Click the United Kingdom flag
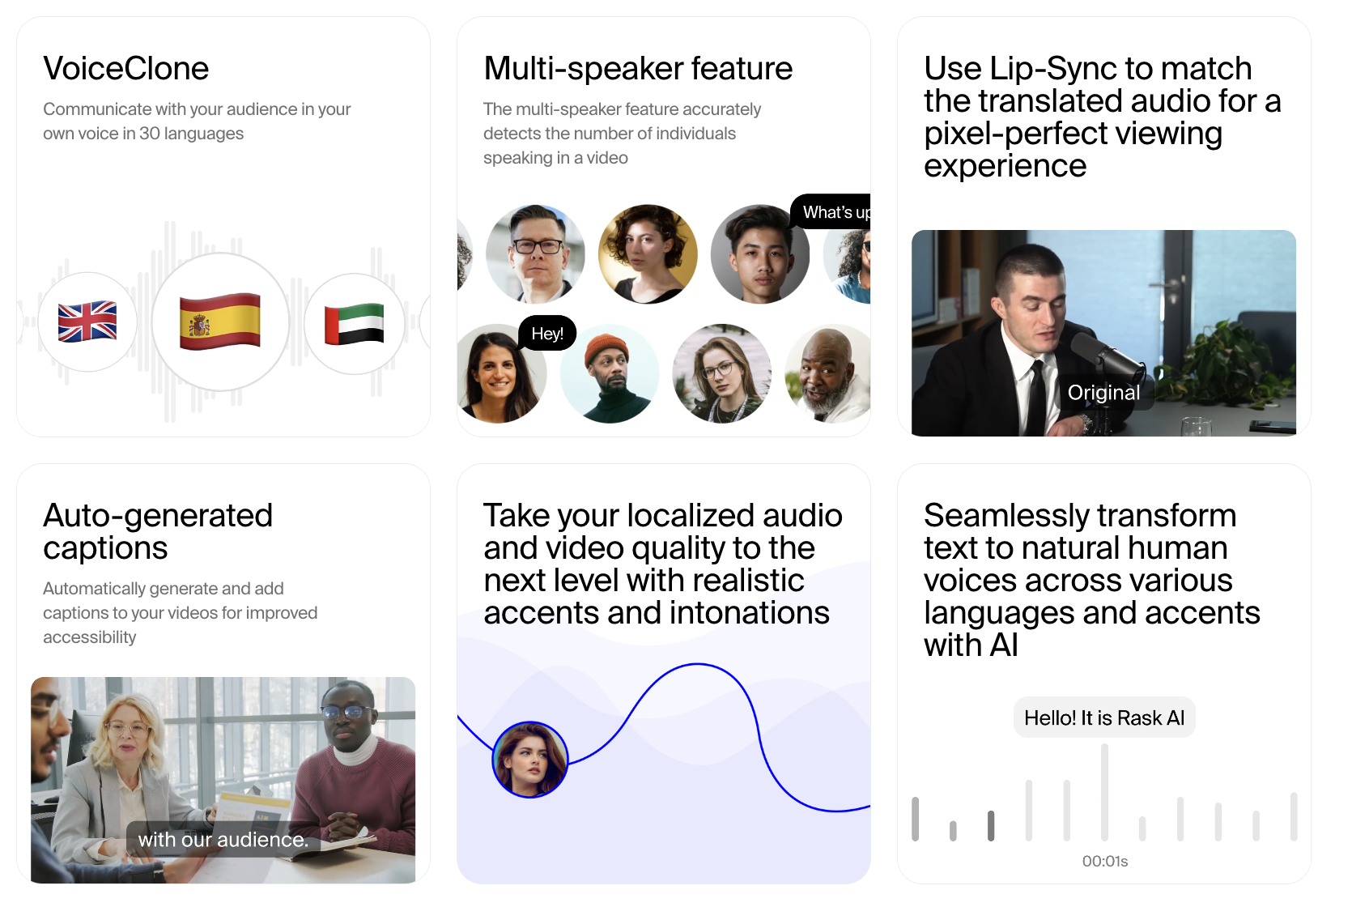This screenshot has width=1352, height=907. [87, 321]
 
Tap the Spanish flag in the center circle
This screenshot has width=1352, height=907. [220, 321]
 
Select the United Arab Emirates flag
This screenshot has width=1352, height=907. [355, 324]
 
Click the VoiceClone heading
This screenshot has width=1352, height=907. [125, 68]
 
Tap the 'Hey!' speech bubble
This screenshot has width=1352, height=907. [547, 334]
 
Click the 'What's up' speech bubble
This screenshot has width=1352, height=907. [831, 212]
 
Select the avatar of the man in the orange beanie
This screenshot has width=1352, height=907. [610, 374]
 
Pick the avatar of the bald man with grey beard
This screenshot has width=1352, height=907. [828, 374]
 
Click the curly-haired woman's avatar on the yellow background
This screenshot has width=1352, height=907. [648, 253]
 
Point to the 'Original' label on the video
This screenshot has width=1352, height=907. [1104, 393]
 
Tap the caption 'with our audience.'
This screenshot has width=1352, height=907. [223, 839]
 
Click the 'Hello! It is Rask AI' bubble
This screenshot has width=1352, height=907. [1104, 718]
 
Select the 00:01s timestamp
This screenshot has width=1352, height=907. [1104, 861]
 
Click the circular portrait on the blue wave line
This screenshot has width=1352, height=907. [530, 760]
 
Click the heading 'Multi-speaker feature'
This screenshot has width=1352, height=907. [638, 68]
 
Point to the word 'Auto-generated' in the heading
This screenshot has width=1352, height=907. [158, 516]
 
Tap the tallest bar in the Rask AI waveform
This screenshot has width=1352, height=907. [1104, 792]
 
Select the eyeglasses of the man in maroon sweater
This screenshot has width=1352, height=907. [348, 713]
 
